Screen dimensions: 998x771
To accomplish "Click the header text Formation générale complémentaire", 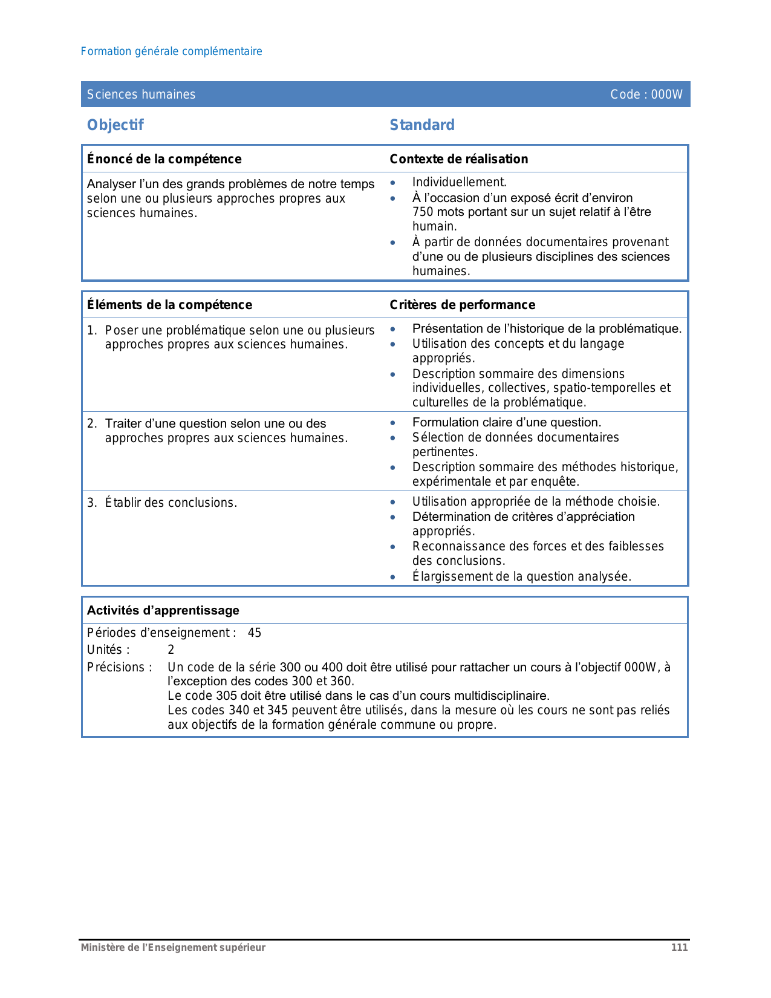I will coord(171,51).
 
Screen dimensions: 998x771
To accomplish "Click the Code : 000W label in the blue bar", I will coord(646,94).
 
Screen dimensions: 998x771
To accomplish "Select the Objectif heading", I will coord(115,125).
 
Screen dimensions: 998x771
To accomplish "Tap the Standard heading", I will coord(422,125).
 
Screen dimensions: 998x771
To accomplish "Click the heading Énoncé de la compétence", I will coord(164,159).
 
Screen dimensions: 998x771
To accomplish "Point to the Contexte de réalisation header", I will coord(458,159).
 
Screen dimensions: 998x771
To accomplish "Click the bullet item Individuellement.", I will coord(459,182).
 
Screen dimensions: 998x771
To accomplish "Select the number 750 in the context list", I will coord(423,212).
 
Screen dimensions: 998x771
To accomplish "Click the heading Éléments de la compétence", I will coord(169,305).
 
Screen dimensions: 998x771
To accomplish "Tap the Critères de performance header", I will coord(462,305).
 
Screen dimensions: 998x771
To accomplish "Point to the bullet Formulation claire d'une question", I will coord(506,422).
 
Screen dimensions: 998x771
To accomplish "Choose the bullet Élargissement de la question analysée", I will coord(521,576).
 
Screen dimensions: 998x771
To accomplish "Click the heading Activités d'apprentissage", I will coord(163,610).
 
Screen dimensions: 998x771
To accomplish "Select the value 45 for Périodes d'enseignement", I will coord(255,633).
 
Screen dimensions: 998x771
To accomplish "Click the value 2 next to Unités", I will coord(171,650).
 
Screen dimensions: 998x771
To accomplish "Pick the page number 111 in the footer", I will coord(679,947).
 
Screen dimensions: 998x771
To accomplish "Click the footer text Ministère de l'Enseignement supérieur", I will coord(173,947).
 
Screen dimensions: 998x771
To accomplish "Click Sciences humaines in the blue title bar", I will coord(141,94).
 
